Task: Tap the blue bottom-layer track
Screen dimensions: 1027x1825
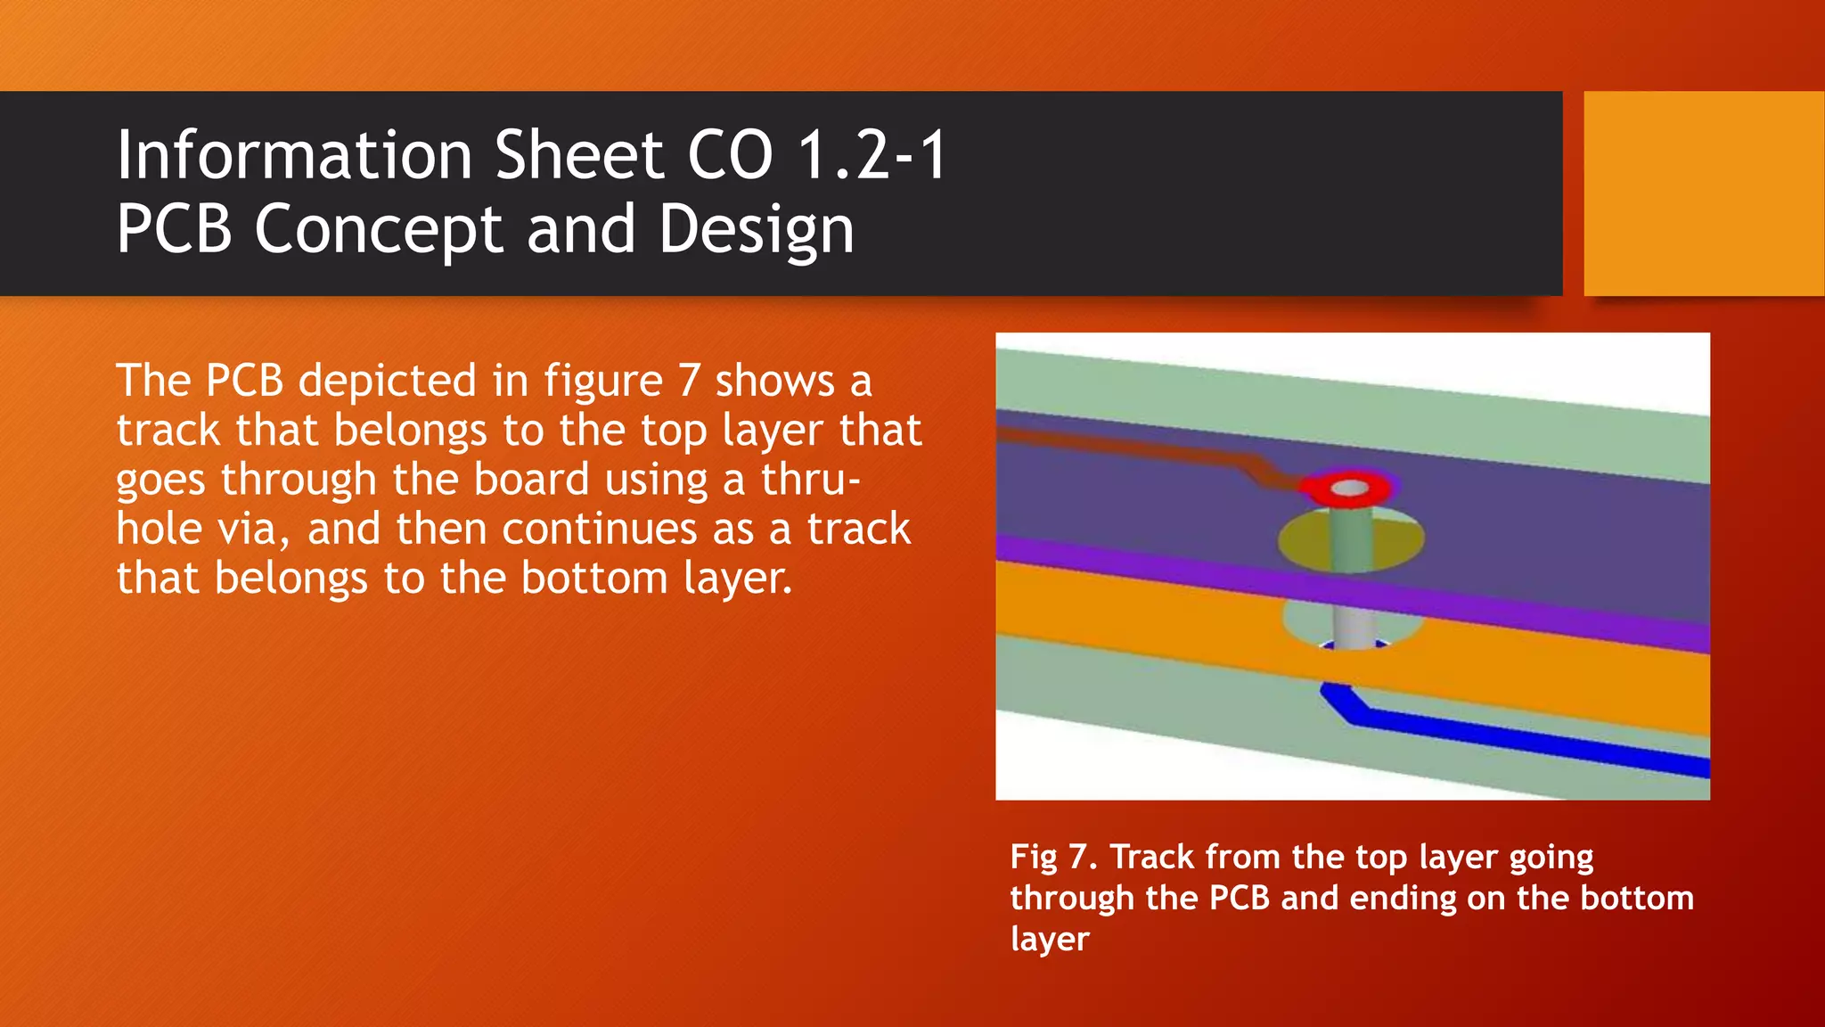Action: point(1515,737)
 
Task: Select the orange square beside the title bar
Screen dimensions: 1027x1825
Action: point(1703,193)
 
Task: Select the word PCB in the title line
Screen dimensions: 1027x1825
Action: point(175,230)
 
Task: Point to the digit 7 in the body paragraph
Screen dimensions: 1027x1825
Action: point(689,382)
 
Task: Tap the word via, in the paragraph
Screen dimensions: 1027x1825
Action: point(254,530)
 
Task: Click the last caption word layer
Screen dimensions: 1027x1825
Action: point(1050,940)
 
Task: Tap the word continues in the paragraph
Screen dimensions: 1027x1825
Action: point(599,530)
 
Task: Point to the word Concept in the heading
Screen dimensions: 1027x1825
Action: point(380,230)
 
